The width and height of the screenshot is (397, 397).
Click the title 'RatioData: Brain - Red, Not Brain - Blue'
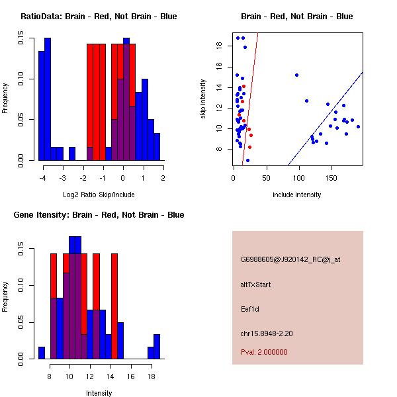[99, 17]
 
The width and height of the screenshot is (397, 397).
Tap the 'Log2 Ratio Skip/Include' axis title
[99, 195]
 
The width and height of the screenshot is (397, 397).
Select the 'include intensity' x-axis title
[296, 195]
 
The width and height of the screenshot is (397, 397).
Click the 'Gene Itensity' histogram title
[99, 215]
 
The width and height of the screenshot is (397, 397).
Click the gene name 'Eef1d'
[249, 308]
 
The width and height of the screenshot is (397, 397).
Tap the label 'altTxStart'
[255, 285]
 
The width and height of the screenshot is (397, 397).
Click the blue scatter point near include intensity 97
[296, 75]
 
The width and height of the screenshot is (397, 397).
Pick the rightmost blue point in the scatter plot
[358, 126]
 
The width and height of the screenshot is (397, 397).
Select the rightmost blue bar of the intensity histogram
[157, 347]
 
